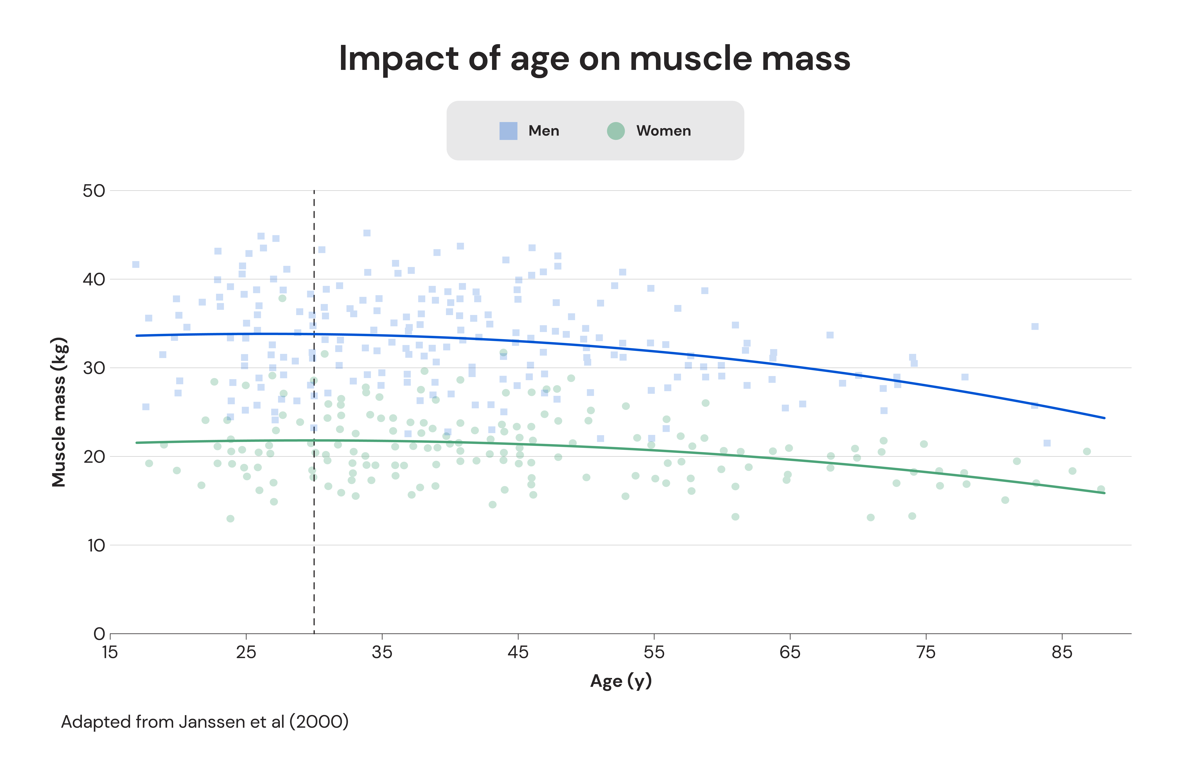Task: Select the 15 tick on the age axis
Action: point(110,652)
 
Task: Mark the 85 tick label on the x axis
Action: point(1061,652)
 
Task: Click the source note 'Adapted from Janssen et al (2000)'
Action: point(205,722)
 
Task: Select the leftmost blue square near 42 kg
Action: point(136,264)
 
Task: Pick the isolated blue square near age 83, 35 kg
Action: point(1035,326)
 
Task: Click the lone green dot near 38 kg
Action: point(282,298)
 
